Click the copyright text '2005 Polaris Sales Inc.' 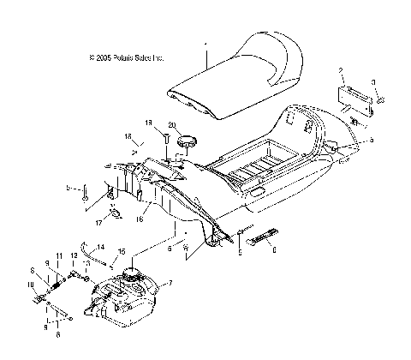click(x=126, y=58)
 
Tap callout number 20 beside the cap click(x=172, y=125)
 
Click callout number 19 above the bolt click(x=148, y=123)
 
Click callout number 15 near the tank click(x=122, y=251)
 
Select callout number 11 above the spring click(x=59, y=257)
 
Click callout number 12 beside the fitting click(x=74, y=257)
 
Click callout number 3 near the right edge click(x=373, y=82)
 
